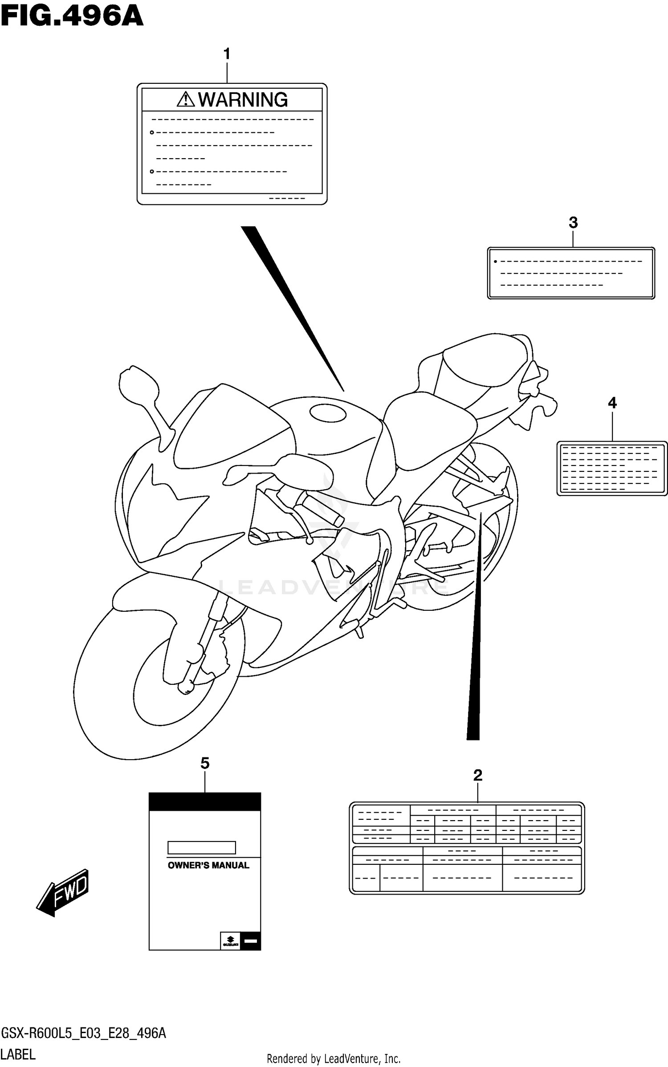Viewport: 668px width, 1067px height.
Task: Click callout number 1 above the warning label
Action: point(227,54)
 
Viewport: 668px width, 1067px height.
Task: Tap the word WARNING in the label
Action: point(243,100)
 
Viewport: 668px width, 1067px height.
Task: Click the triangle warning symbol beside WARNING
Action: point(185,99)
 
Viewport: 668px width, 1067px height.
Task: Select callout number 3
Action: point(573,223)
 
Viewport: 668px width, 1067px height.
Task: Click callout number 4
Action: point(612,403)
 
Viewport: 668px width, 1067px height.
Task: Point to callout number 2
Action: point(478,775)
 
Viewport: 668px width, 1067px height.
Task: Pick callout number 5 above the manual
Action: point(205,763)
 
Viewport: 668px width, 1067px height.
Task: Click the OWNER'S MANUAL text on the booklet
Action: point(208,865)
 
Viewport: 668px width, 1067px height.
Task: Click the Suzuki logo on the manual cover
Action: point(230,940)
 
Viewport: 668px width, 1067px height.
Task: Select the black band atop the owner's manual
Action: point(205,801)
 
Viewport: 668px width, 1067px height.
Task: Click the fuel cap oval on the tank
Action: point(328,413)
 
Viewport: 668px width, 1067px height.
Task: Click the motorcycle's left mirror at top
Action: point(138,386)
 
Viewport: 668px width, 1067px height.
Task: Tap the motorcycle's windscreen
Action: point(232,428)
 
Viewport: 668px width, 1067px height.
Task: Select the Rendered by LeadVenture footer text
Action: point(334,1059)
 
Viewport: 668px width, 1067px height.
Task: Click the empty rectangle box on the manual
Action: point(201,847)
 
